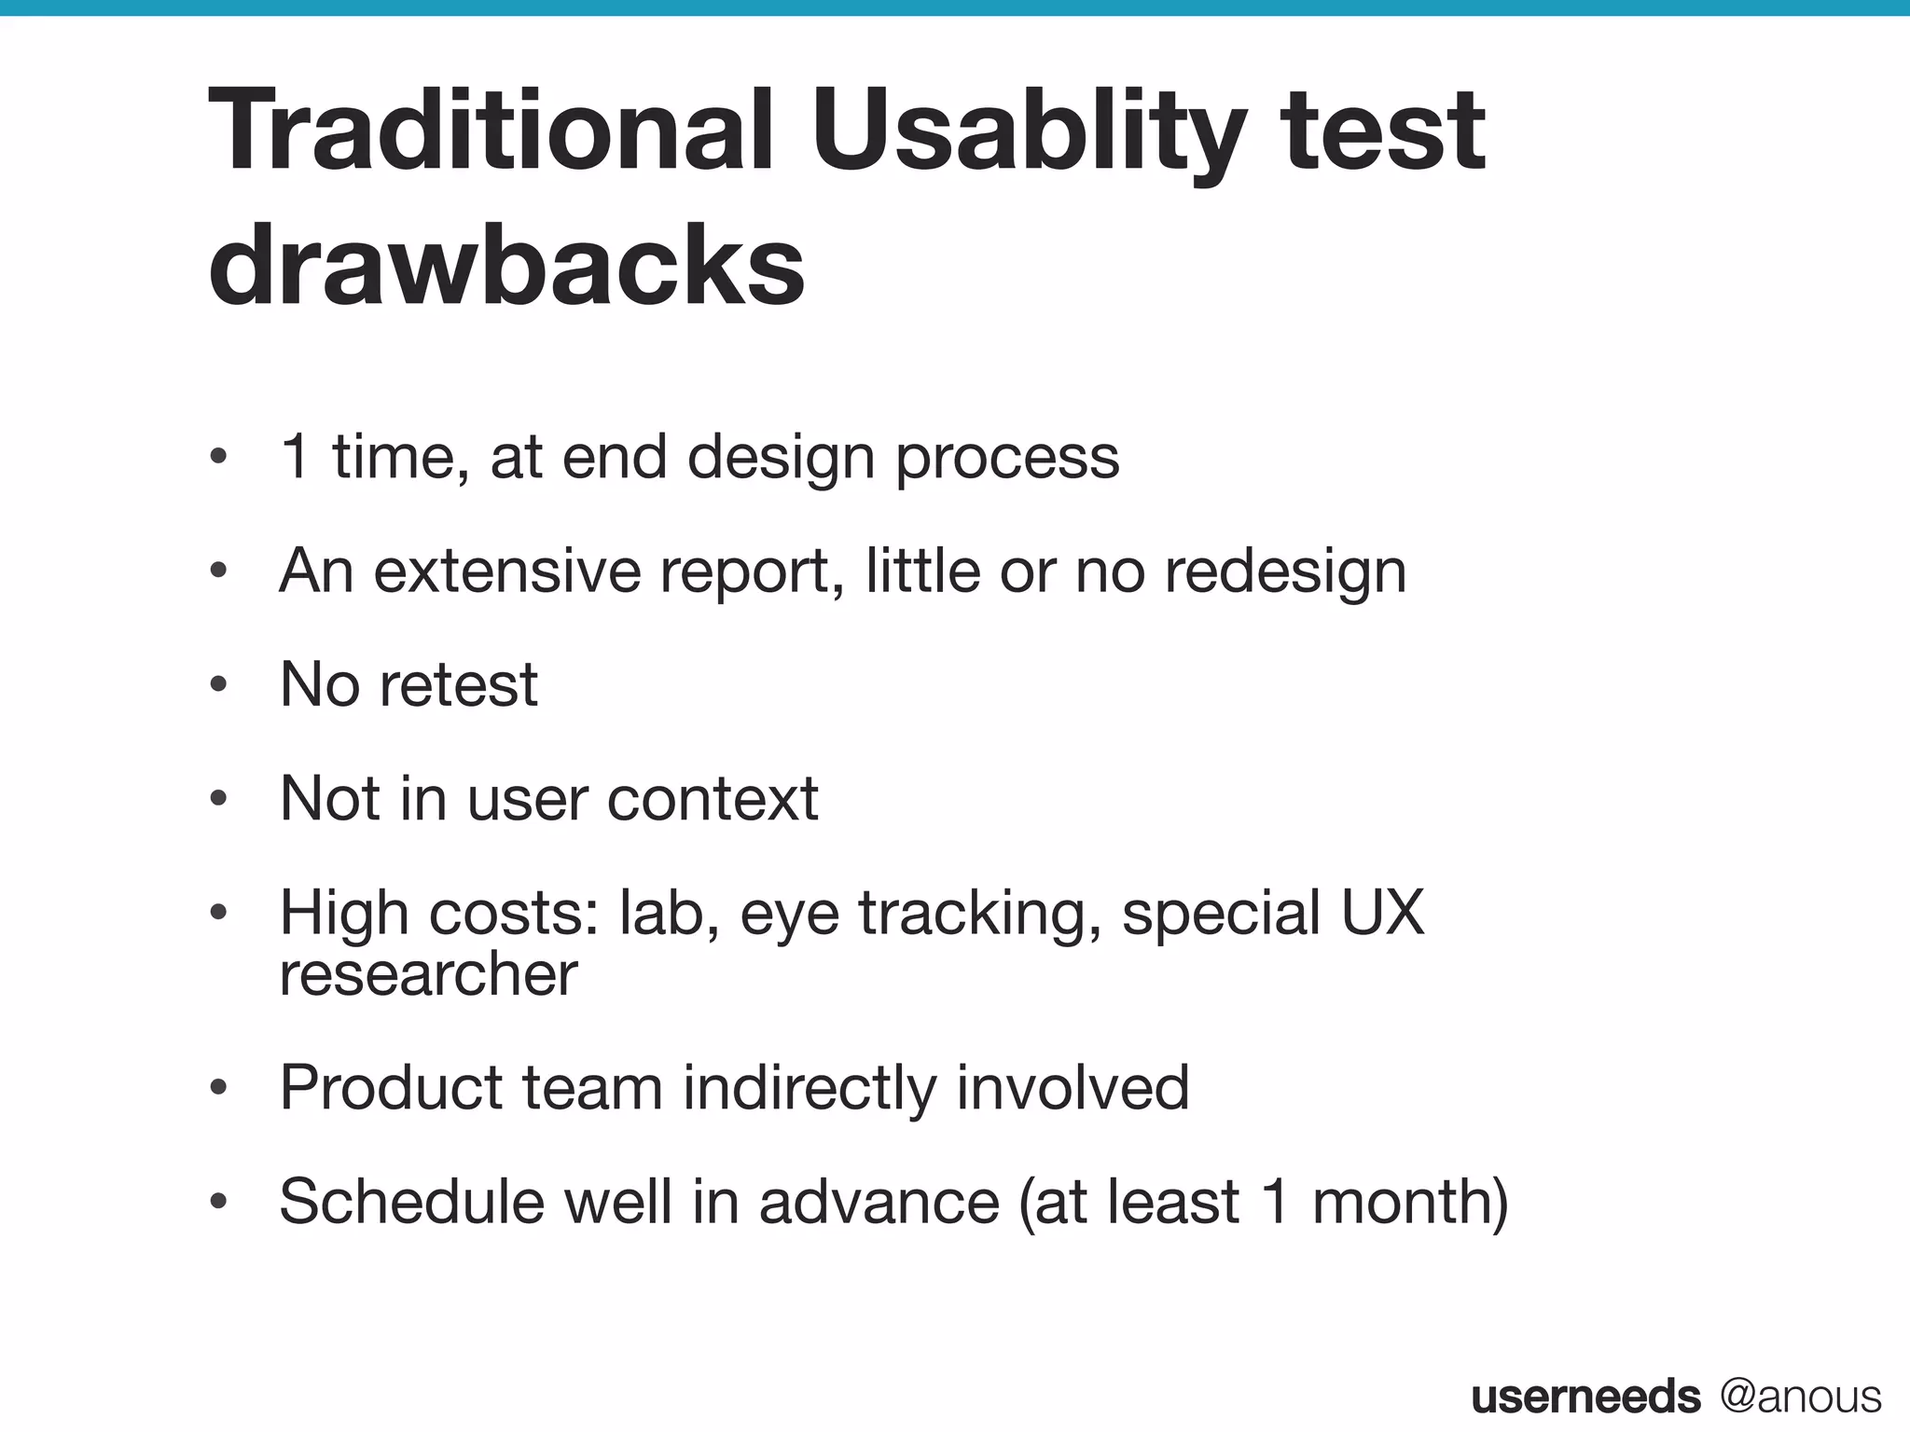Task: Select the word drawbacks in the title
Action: click(506, 266)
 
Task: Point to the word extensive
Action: click(507, 571)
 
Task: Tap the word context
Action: click(713, 799)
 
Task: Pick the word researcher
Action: click(428, 974)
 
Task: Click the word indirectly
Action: click(810, 1088)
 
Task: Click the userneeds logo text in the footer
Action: click(1585, 1397)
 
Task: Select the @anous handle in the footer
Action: click(1801, 1397)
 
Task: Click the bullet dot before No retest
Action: click(218, 685)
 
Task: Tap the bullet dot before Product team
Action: click(218, 1089)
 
